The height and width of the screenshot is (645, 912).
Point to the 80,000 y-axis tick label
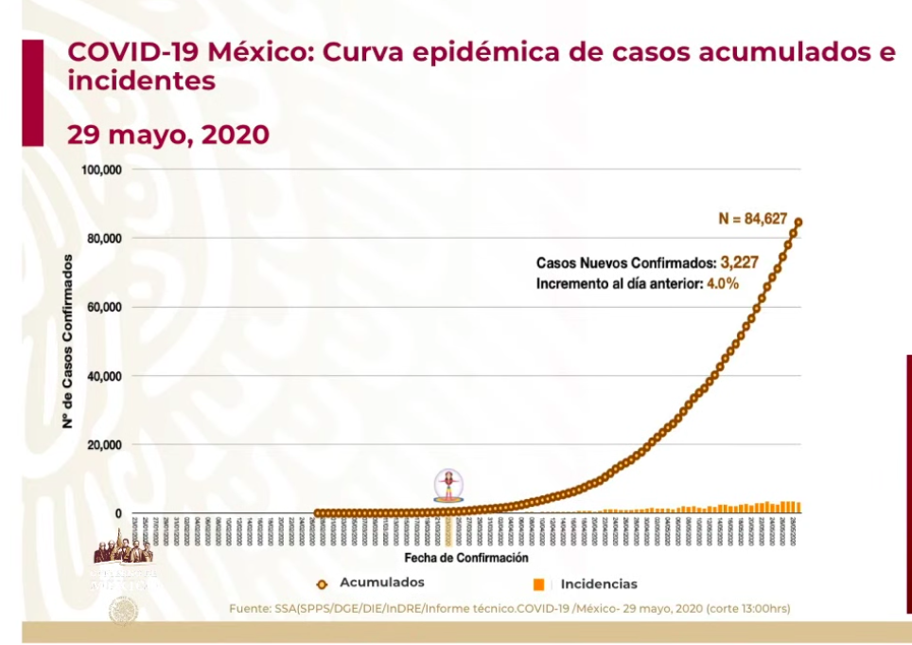point(105,239)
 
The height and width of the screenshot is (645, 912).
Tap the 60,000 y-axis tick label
point(105,308)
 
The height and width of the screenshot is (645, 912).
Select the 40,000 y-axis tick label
point(105,376)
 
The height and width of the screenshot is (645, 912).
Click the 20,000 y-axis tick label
point(105,445)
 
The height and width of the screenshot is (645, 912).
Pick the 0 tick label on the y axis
point(118,514)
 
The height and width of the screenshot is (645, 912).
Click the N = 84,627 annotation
point(752,220)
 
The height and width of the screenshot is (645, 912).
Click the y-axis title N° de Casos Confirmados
point(69,341)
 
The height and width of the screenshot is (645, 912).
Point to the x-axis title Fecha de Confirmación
point(466,559)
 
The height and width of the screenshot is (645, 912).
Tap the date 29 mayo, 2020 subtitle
point(167,134)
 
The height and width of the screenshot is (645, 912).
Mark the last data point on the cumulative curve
point(798,223)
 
